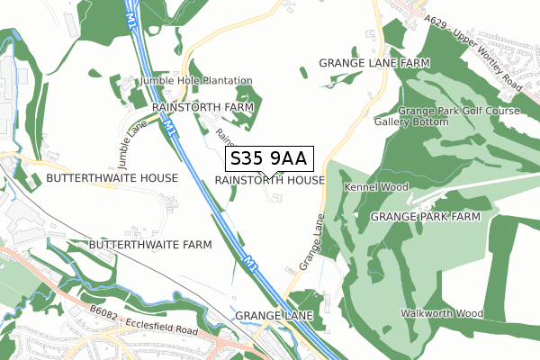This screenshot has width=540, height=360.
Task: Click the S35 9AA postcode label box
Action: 269,159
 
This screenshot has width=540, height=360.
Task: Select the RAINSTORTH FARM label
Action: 202,107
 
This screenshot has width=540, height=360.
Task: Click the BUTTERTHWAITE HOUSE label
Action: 112,179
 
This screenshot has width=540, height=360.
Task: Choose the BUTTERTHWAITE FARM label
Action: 150,244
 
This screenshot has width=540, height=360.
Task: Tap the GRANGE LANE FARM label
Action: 374,63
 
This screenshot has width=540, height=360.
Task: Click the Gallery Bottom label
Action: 411,121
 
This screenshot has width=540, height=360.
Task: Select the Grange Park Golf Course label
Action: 460,111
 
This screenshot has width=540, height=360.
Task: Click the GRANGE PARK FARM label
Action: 433,217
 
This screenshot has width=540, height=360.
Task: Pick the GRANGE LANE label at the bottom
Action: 273,317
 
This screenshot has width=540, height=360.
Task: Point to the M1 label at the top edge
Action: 133,17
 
